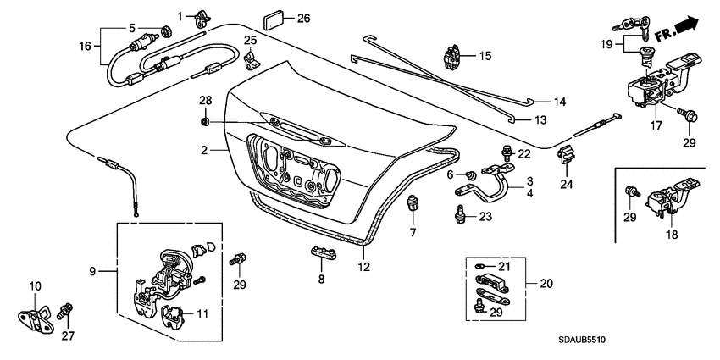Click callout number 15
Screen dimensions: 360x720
click(x=485, y=56)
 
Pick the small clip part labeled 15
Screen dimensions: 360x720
click(x=453, y=58)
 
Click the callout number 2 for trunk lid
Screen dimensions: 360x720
click(x=204, y=150)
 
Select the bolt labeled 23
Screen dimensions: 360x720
click(x=460, y=213)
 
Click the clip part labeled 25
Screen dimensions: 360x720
click(x=252, y=58)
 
